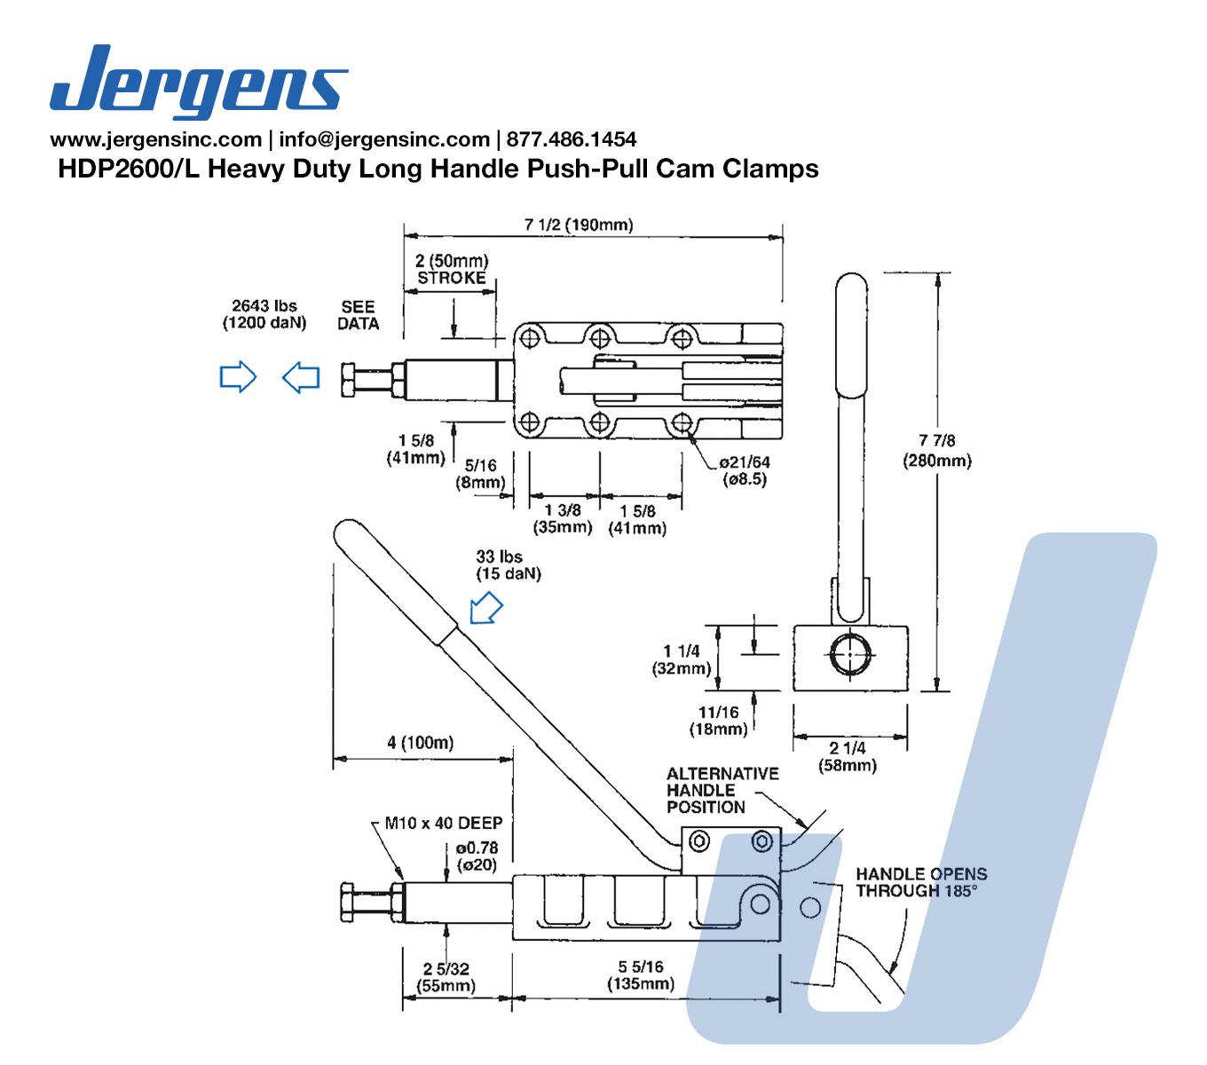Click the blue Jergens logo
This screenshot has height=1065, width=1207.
199,82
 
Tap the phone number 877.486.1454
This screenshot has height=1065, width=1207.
572,139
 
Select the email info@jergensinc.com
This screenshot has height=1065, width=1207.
384,139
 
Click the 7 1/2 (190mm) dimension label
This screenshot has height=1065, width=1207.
579,225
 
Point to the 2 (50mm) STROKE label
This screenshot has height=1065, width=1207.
452,270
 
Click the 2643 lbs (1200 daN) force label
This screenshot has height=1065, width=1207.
264,314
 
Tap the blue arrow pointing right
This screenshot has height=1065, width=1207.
238,376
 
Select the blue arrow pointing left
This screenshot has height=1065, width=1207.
301,377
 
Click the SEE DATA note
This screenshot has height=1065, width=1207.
358,315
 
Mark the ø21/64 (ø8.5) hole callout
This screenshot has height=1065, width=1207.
744,470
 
